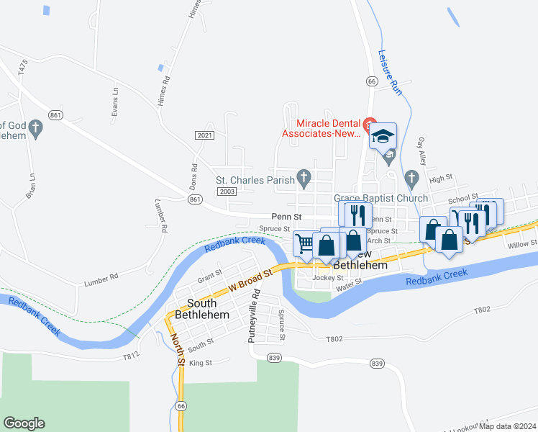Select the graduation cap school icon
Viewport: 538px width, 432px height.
coord(383,135)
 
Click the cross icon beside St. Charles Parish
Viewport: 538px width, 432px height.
coord(304,177)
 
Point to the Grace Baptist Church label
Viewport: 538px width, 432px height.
coord(380,198)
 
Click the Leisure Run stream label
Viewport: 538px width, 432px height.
coord(389,71)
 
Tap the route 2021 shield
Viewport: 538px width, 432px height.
coord(204,135)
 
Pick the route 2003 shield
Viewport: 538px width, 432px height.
coord(227,191)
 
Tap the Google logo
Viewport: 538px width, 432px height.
coord(24,423)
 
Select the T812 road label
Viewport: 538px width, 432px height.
coord(129,356)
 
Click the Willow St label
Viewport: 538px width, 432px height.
coord(521,244)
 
